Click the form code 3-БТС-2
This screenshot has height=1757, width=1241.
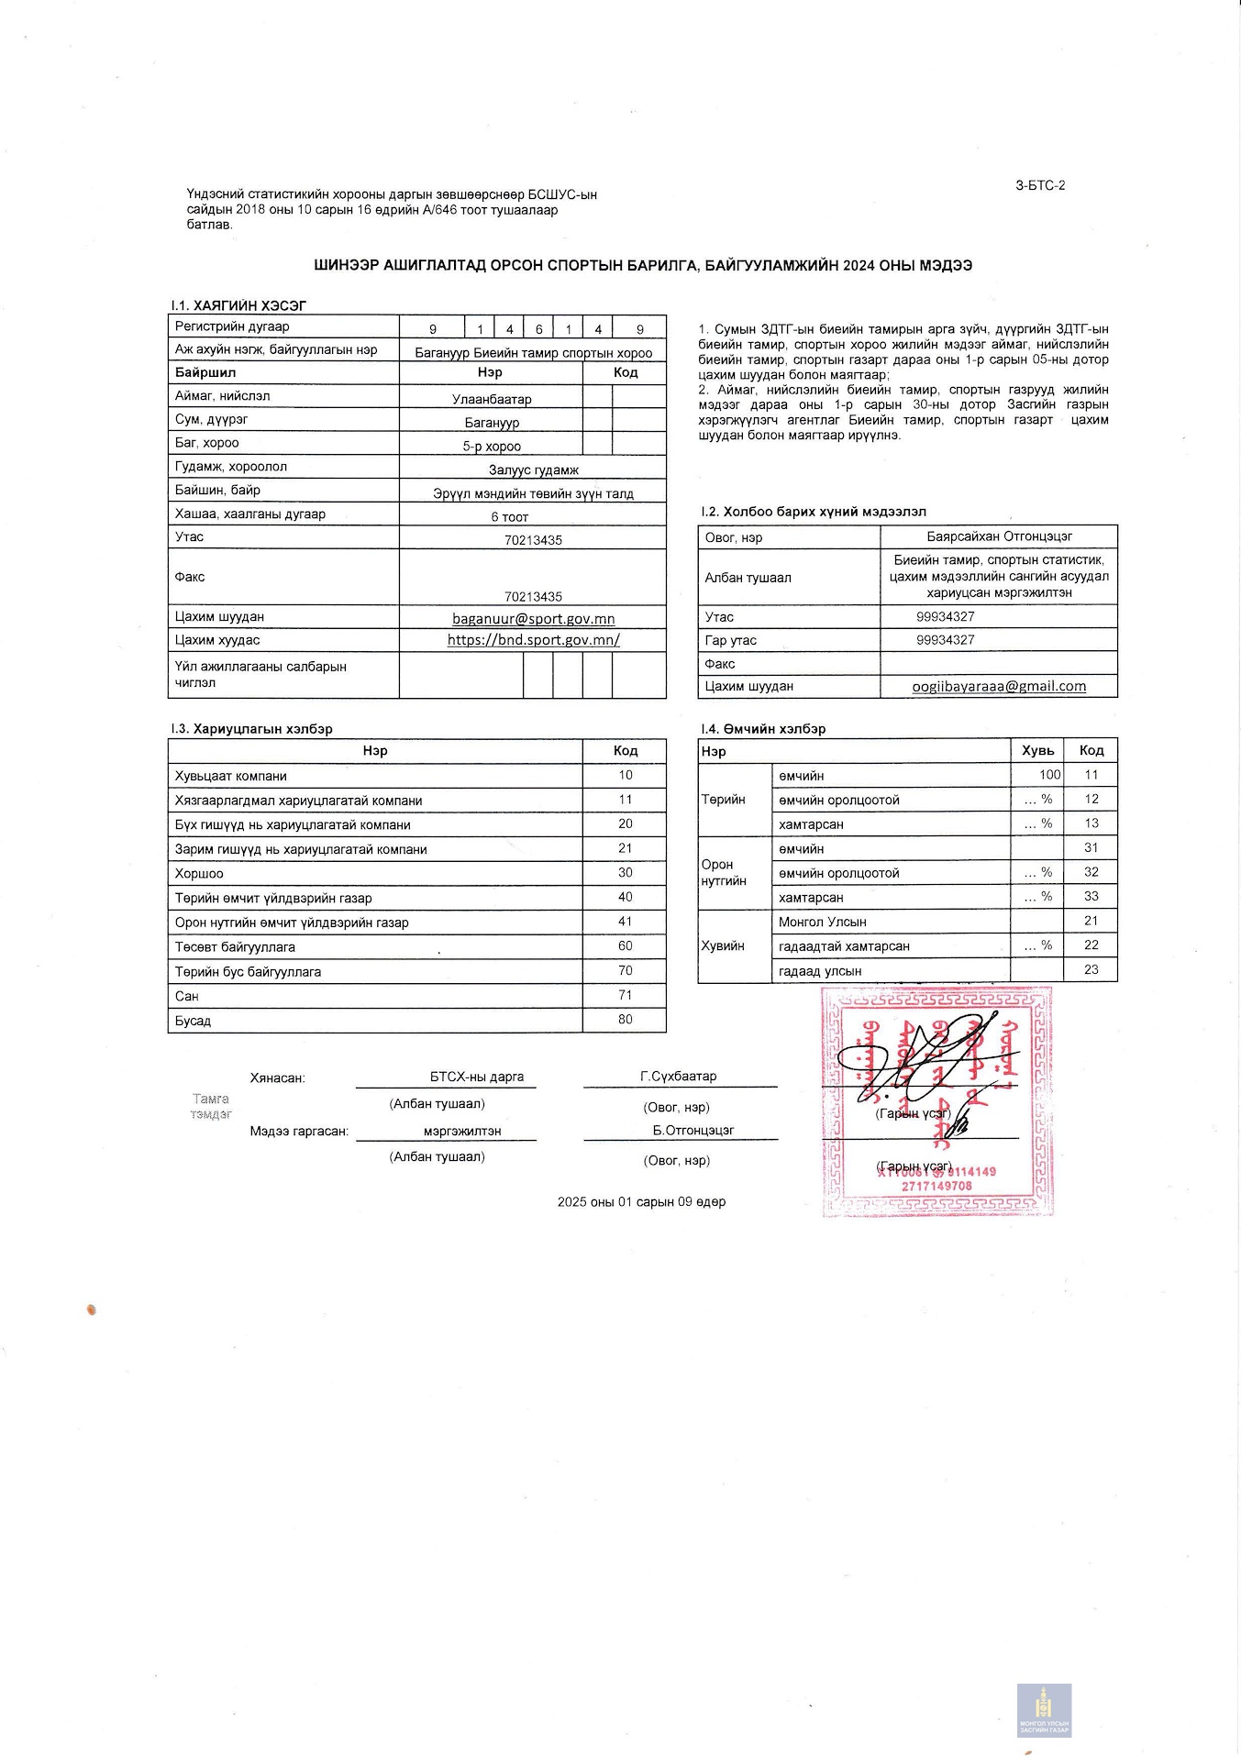tap(1040, 185)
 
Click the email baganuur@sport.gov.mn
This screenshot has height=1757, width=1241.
tap(533, 619)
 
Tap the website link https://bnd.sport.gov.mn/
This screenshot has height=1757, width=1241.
tap(533, 640)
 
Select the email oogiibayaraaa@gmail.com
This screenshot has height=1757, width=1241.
tap(999, 686)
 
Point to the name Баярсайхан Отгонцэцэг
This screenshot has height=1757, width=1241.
tap(999, 536)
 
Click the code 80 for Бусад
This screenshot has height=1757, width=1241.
tap(625, 1020)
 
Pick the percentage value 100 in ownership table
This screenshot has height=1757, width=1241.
tap(1049, 775)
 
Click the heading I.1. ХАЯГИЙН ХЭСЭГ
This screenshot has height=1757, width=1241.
tap(238, 305)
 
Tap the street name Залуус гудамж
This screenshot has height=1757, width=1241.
tap(533, 470)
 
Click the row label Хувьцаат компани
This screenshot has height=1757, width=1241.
tap(231, 776)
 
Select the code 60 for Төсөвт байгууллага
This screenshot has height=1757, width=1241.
tap(625, 946)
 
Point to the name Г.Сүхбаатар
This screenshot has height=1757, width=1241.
tap(679, 1077)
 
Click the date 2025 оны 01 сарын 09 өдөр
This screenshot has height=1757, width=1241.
tap(641, 1202)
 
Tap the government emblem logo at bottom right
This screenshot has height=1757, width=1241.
tap(1044, 1709)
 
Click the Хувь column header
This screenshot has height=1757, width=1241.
tap(1037, 750)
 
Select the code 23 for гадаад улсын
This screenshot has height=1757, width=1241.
tap(1091, 969)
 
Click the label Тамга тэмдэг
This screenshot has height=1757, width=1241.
tap(211, 1106)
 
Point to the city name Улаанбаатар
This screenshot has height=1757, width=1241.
tap(492, 400)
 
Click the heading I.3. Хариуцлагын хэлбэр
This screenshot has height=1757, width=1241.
tap(250, 729)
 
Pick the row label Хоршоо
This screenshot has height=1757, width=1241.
tap(199, 874)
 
